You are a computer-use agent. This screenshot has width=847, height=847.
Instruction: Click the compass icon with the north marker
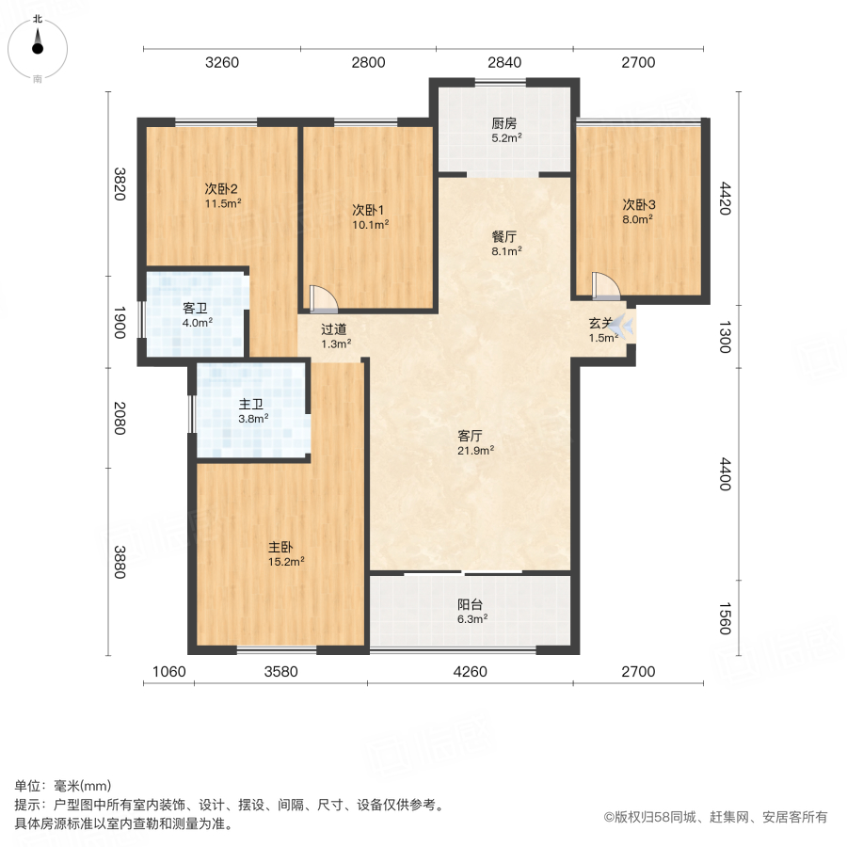(x=38, y=47)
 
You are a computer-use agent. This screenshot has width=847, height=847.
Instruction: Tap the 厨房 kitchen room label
(x=505, y=123)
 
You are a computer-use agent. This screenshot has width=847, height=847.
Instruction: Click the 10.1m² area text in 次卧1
(x=371, y=224)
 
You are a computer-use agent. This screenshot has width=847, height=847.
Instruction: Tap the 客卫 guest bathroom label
(x=197, y=308)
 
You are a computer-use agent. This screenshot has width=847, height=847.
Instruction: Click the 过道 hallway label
(x=335, y=329)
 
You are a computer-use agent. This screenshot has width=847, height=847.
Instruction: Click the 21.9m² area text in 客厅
(x=476, y=450)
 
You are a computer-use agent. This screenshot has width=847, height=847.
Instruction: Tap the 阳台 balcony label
(x=471, y=604)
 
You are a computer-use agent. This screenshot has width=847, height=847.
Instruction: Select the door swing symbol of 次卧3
(x=602, y=285)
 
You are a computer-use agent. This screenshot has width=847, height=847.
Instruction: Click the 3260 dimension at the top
(x=222, y=63)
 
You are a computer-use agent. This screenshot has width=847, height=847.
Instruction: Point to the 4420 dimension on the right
(x=724, y=199)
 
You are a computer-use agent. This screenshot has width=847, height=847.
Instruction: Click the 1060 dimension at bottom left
(x=169, y=672)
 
